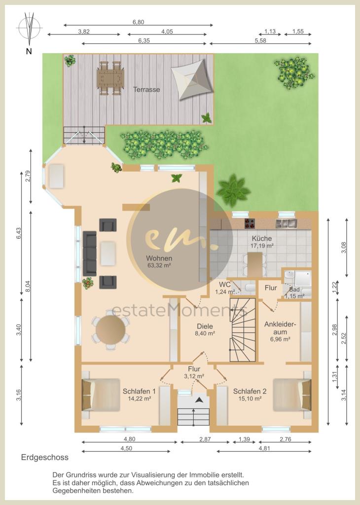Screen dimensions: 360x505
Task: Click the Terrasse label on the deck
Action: [146, 90]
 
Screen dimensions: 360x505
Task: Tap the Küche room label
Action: [262, 239]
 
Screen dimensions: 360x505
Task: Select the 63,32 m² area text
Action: [159, 266]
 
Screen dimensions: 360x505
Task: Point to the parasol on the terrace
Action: [192, 79]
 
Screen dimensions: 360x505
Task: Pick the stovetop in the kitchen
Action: [250, 223]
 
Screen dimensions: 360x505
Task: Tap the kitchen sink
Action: [286, 223]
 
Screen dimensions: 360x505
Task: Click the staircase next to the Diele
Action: [243, 330]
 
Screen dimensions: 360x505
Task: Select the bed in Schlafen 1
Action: [101, 395]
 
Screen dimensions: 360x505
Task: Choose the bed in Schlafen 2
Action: [292, 395]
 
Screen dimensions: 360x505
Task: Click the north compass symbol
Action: [29, 29]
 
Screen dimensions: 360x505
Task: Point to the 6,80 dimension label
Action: [138, 22]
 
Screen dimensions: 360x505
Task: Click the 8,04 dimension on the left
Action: [28, 287]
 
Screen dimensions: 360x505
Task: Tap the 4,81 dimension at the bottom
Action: [264, 448]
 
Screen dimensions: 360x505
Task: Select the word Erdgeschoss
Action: [45, 457]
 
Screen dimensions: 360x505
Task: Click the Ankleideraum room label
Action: [280, 328]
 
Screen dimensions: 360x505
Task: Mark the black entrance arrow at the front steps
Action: [200, 400]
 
